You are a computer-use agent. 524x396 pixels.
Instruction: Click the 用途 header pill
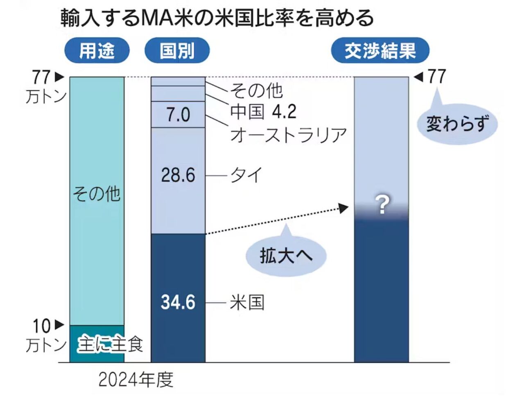pyautogui.click(x=97, y=51)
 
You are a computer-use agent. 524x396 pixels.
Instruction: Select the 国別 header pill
pyautogui.click(x=177, y=51)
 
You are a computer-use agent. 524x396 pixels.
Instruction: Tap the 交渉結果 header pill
pyautogui.click(x=380, y=51)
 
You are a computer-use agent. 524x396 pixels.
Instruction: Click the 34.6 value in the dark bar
pyautogui.click(x=178, y=302)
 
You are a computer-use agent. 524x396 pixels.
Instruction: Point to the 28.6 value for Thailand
pyautogui.click(x=178, y=175)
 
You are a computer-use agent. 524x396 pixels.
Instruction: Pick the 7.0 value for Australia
pyautogui.click(x=178, y=115)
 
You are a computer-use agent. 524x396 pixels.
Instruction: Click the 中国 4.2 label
pyautogui.click(x=263, y=112)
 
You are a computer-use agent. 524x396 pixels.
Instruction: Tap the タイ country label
pyautogui.click(x=246, y=175)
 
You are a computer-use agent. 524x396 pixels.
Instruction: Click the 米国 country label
pyautogui.click(x=247, y=303)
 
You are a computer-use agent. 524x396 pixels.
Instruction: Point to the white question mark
pyautogui.click(x=382, y=205)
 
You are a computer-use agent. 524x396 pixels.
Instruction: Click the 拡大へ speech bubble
pyautogui.click(x=286, y=255)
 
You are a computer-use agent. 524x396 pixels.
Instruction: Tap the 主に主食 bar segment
pyautogui.click(x=97, y=344)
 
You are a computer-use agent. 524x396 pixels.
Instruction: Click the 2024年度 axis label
pyautogui.click(x=136, y=380)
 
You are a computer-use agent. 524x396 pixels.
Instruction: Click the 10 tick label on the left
pyautogui.click(x=42, y=326)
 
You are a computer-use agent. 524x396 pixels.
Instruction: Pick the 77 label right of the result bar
pyautogui.click(x=436, y=76)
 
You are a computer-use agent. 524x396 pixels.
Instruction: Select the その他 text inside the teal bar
pyautogui.click(x=97, y=193)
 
